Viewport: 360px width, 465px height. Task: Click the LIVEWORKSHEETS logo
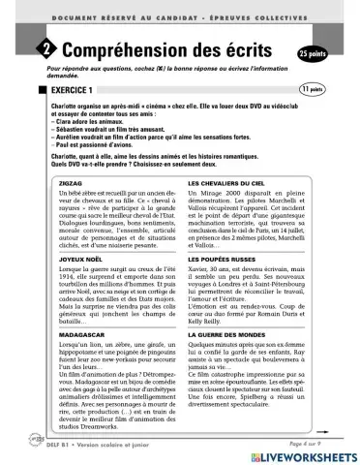click(306, 452)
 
